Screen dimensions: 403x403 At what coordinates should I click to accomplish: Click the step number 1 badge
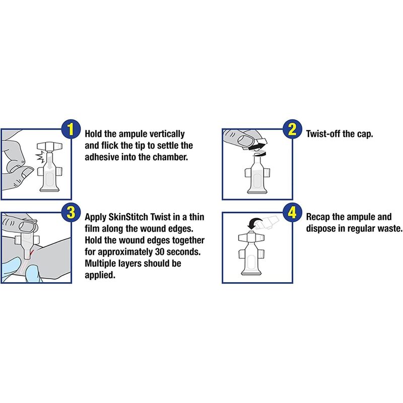(71, 129)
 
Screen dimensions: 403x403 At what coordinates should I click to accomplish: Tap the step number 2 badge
(292, 129)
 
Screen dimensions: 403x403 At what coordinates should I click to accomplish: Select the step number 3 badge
(71, 213)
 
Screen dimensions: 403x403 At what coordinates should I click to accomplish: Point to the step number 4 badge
(292, 213)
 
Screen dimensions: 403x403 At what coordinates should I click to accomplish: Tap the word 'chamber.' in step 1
(170, 157)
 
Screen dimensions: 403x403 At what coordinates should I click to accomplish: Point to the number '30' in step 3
(159, 251)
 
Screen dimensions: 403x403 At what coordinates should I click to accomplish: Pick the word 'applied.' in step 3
(100, 275)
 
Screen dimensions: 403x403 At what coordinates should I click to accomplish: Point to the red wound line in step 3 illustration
(31, 253)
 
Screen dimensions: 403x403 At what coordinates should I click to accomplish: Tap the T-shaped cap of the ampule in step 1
(49, 147)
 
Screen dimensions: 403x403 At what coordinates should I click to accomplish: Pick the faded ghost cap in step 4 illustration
(267, 222)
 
